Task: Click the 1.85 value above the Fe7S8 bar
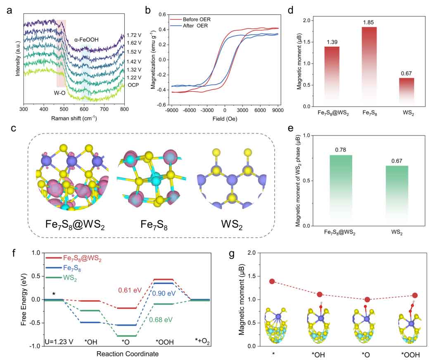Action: pyautogui.click(x=350, y=23)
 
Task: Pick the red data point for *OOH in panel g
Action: pyautogui.click(x=415, y=296)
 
